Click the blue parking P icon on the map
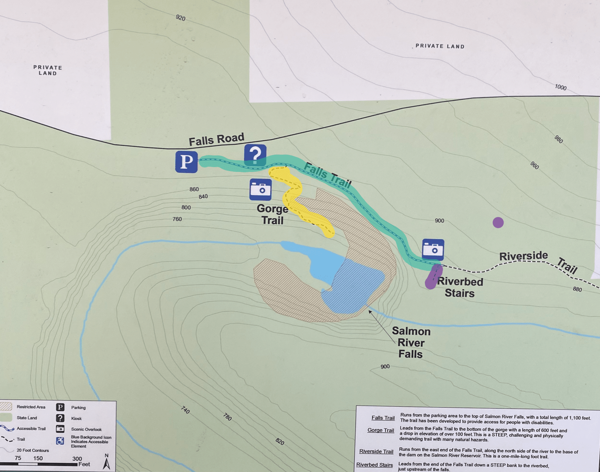pyautogui.click(x=186, y=162)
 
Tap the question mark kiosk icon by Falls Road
pyautogui.click(x=255, y=155)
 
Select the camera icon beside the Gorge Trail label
pyautogui.click(x=260, y=190)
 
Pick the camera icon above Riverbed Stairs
pyautogui.click(x=433, y=250)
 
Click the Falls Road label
pyautogui.click(x=216, y=139)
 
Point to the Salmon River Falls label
pyautogui.click(x=411, y=343)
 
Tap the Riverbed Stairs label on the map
pyautogui.click(x=460, y=287)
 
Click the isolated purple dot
pyautogui.click(x=498, y=222)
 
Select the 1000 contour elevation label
pyautogui.click(x=560, y=87)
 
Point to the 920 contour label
pyautogui.click(x=180, y=18)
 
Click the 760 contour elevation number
pyautogui.click(x=177, y=219)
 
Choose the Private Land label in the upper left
pyautogui.click(x=48, y=70)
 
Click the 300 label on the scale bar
pyautogui.click(x=77, y=458)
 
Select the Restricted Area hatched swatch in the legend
pyautogui.click(x=6, y=407)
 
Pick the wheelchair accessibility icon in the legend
pyautogui.click(x=60, y=441)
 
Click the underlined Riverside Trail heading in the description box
pyautogui.click(x=376, y=451)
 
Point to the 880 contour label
pyautogui.click(x=577, y=289)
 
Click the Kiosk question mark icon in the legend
pyautogui.click(x=60, y=418)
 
